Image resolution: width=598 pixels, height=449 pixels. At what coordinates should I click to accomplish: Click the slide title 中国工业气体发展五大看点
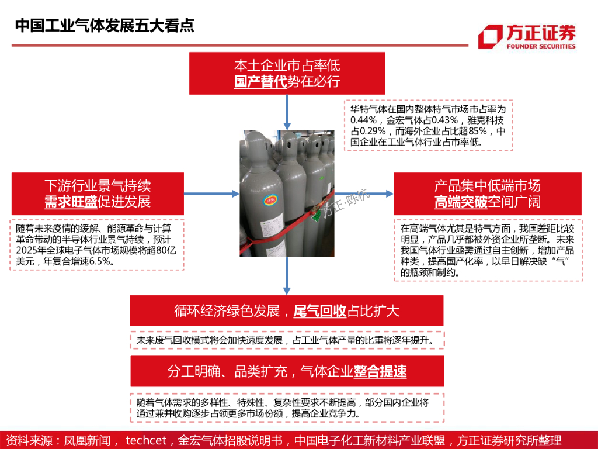105,26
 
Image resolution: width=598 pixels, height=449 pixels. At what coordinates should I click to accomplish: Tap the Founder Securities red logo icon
491,37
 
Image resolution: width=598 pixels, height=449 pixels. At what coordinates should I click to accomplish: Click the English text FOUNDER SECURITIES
541,46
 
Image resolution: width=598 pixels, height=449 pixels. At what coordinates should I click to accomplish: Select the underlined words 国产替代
260,81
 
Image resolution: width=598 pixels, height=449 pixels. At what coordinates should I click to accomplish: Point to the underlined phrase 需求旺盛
71,202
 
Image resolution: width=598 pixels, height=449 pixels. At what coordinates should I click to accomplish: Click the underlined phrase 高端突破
461,202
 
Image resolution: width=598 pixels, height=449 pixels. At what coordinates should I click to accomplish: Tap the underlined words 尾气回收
319,311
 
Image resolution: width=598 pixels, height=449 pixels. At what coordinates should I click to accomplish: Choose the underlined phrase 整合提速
380,371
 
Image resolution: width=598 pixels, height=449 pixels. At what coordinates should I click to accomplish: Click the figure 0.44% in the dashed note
363,120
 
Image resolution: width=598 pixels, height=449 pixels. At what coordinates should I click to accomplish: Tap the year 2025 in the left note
25,250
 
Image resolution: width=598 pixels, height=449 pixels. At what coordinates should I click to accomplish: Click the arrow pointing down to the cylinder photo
287,112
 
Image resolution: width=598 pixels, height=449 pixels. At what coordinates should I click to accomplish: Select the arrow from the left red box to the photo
211,194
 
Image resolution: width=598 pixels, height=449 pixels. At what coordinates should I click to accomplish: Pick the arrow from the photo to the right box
364,194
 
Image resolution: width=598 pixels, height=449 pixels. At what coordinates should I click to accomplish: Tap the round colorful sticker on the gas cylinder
271,200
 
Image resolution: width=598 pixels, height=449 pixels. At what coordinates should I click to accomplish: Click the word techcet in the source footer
146,440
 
